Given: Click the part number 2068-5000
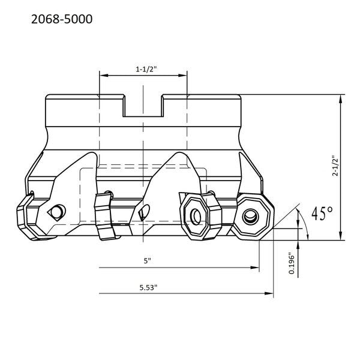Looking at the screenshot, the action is point(62,19).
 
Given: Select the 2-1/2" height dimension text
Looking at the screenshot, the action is point(335,166).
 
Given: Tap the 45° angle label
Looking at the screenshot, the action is point(322,213).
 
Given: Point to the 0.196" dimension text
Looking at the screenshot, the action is point(292,263).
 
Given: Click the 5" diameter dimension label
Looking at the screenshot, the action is point(147,261).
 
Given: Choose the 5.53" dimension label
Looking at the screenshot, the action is point(149,287).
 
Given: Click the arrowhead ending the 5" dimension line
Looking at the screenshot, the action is point(255,268).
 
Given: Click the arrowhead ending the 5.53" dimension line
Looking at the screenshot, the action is point(269,293).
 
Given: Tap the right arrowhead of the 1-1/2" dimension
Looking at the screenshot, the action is point(182,76).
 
